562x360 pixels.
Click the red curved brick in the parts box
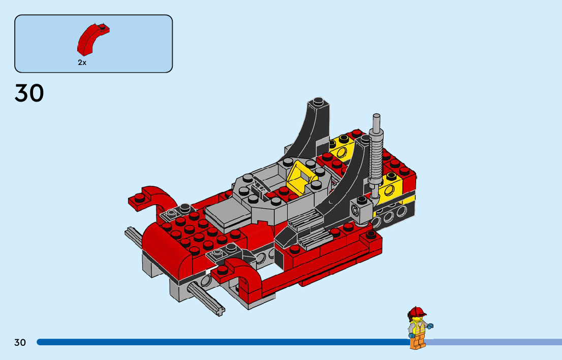(92, 40)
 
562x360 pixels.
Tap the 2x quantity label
(82, 62)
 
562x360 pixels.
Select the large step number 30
(29, 93)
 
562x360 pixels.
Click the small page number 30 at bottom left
(20, 342)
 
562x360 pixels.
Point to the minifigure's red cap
(417, 311)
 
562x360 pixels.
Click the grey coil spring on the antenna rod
(376, 155)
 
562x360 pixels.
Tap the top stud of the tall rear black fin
(318, 101)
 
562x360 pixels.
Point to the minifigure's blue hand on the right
(430, 326)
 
